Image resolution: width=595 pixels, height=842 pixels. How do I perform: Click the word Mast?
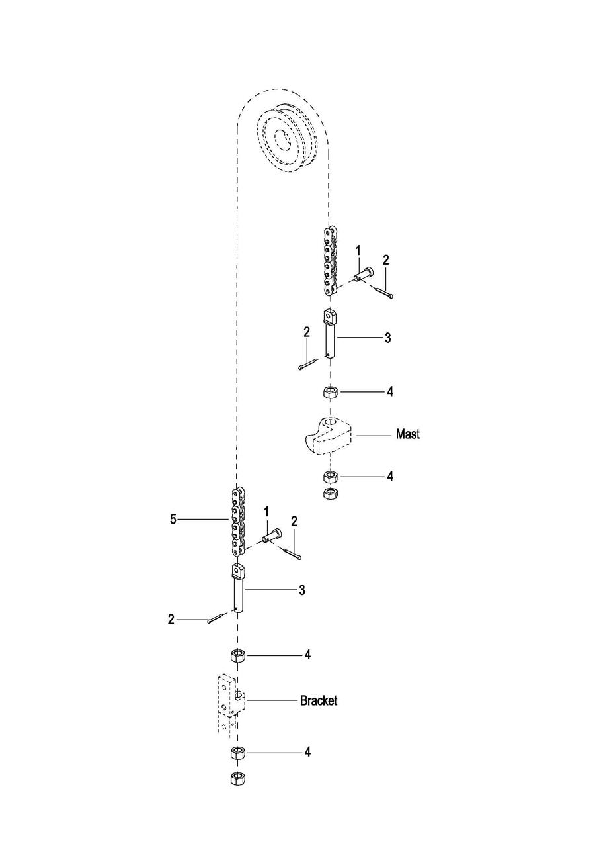click(407, 434)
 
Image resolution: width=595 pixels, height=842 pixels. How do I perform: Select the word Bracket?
click(319, 700)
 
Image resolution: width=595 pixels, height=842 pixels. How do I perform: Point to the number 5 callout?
click(173, 520)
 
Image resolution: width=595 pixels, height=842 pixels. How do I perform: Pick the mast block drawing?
click(327, 438)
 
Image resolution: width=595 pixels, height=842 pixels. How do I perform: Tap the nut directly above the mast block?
click(330, 392)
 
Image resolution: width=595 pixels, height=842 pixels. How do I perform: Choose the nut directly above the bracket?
click(238, 655)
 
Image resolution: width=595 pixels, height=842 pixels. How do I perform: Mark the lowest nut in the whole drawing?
click(237, 779)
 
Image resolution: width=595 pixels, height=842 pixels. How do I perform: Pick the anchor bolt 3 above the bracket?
click(238, 588)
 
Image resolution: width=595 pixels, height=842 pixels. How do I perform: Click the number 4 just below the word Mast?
click(390, 476)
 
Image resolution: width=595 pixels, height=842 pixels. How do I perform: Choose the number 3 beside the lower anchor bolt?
click(301, 590)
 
